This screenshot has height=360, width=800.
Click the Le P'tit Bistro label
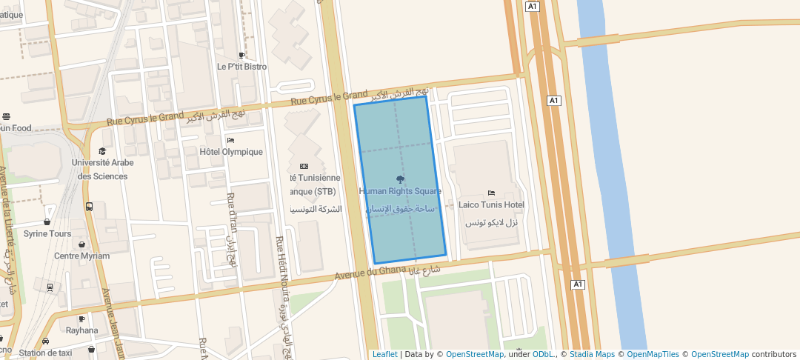tap(241, 67)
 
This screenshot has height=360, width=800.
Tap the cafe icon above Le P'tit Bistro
tap(241, 55)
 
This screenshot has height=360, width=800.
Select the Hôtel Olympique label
tap(231, 152)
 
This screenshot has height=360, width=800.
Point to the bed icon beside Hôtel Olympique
tap(230, 140)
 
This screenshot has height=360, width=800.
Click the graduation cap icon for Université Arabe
tap(102, 151)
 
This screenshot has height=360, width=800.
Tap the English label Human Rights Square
tap(400, 191)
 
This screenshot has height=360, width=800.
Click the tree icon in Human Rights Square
tap(401, 179)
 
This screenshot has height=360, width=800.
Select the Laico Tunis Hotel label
tap(491, 204)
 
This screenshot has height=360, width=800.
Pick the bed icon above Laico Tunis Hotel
tap(491, 193)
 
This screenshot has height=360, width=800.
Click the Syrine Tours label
tap(47, 233)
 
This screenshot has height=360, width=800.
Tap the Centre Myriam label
tap(81, 256)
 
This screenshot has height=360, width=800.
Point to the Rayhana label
tap(81, 330)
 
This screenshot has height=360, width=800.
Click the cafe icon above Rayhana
tap(81, 319)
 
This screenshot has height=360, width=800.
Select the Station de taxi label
tap(47, 353)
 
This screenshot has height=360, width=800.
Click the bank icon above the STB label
tap(304, 166)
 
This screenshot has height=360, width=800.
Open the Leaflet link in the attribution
tap(385, 354)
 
